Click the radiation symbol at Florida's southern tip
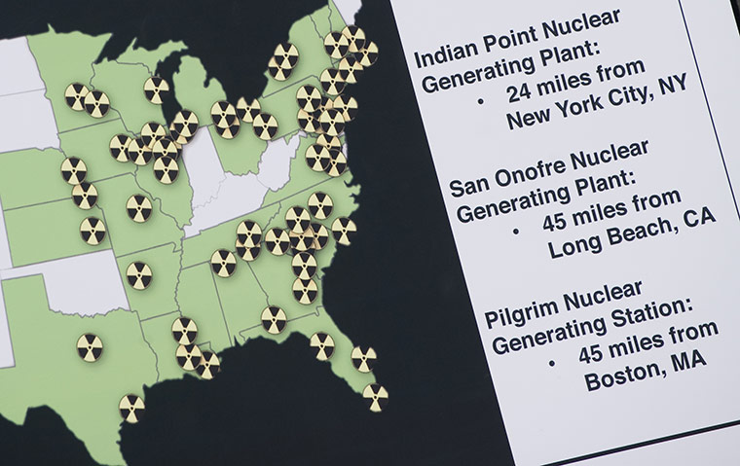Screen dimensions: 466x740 coord(376,397)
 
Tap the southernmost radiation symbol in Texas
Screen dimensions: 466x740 coord(131,408)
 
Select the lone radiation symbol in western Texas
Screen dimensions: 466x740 coord(90,346)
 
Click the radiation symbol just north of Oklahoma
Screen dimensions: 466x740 coord(93,231)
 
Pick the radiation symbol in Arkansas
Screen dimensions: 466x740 coord(138,275)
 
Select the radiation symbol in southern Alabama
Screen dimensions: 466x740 coord(274,319)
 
